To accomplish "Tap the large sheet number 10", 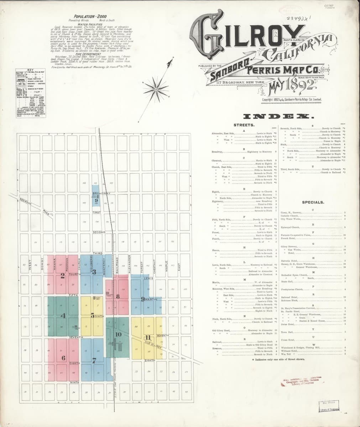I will tap(119, 334).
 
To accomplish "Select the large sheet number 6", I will tap(63, 358).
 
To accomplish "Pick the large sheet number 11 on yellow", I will tap(148, 338).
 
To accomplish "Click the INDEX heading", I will tap(278, 117).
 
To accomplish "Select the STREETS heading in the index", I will tap(244, 125).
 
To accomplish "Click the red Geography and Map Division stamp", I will tap(301, 381).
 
